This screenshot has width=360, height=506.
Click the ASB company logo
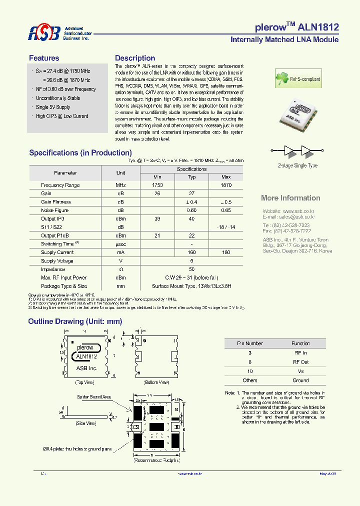[x=44, y=33]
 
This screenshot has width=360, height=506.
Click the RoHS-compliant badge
[x=298, y=79]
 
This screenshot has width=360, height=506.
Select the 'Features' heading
[x=44, y=58]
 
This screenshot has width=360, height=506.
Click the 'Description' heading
[x=135, y=58]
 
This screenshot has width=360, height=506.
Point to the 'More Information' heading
[x=290, y=198]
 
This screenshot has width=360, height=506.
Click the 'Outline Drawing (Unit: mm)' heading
[x=75, y=321]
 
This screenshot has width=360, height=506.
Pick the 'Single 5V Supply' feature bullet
[x=53, y=107]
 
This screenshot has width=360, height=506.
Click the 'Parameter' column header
[x=65, y=173]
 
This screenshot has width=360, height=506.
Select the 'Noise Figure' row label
[x=54, y=210]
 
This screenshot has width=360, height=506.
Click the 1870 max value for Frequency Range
[x=226, y=185]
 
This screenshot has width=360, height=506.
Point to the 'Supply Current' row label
[x=57, y=252]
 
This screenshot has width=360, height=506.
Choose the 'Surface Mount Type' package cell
[x=191, y=286]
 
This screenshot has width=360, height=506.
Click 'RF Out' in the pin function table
[x=301, y=362]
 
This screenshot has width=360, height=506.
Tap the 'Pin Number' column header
[x=249, y=343]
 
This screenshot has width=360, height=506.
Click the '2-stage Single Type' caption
[x=297, y=165]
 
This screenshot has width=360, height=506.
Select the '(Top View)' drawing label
[x=84, y=382]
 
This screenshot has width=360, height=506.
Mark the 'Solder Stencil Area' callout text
[x=93, y=396]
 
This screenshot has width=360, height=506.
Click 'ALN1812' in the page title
[x=318, y=27]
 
